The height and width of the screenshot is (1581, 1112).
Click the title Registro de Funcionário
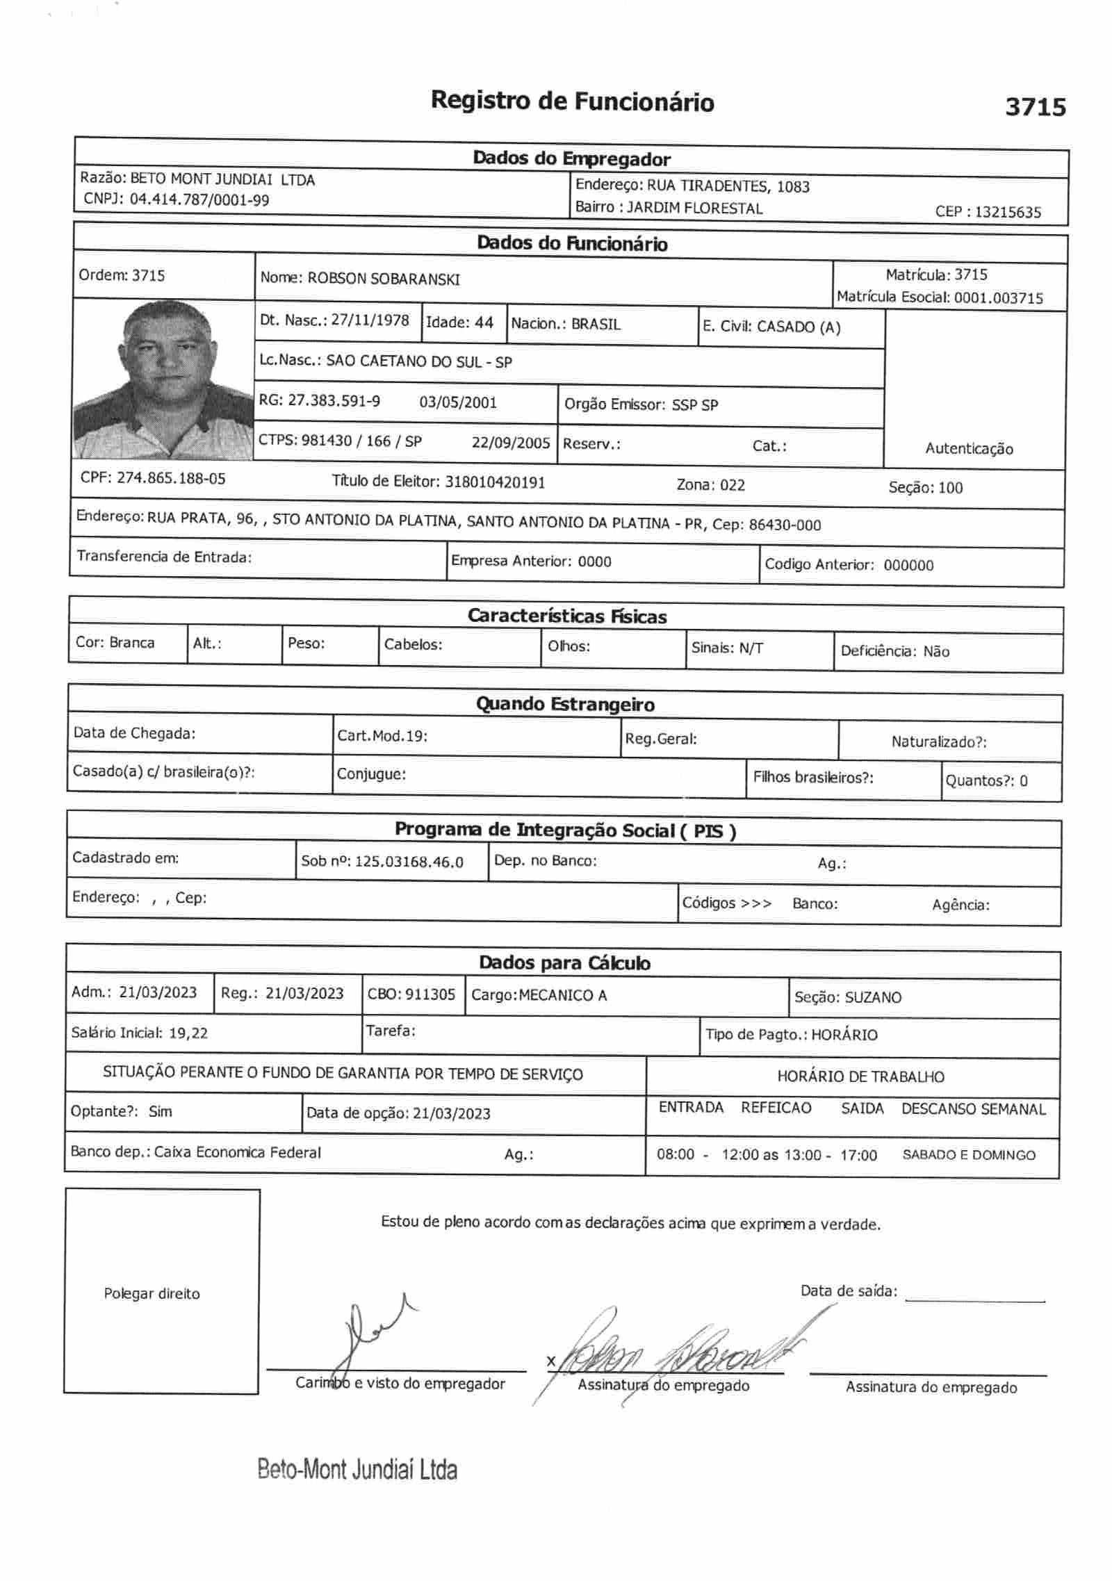(572, 101)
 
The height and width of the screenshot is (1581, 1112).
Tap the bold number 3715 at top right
(1035, 107)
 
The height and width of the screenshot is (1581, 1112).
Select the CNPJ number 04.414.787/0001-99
(199, 200)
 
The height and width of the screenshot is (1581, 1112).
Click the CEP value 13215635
(1008, 212)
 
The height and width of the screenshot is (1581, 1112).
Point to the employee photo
(163, 379)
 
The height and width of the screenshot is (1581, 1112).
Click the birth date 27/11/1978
(370, 320)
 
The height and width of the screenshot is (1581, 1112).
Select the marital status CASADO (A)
(799, 327)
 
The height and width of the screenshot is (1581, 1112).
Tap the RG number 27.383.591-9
(334, 400)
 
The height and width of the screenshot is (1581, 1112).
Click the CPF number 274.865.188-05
(171, 478)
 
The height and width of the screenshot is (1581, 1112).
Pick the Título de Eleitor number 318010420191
(495, 482)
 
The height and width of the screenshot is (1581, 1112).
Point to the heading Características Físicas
(566, 616)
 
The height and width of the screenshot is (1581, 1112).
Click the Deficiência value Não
(936, 651)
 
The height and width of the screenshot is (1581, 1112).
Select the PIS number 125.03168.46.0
(409, 862)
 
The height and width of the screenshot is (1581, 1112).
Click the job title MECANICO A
(563, 995)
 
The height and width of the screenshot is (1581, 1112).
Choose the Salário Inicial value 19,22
(188, 1033)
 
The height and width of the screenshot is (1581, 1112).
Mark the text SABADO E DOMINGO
(968, 1155)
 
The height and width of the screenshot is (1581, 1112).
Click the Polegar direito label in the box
(152, 1293)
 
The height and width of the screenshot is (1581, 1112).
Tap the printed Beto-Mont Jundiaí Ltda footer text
(357, 1469)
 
